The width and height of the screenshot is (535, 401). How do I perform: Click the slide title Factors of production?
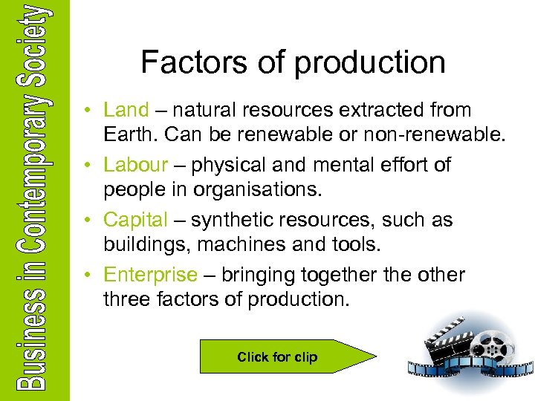pos(293,62)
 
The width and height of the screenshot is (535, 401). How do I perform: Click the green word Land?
pos(126,110)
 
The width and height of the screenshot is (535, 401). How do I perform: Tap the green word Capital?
pos(136,220)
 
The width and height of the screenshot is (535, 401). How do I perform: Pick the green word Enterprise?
pos(151,275)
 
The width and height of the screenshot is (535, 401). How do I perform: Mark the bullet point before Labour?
pos(88,165)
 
